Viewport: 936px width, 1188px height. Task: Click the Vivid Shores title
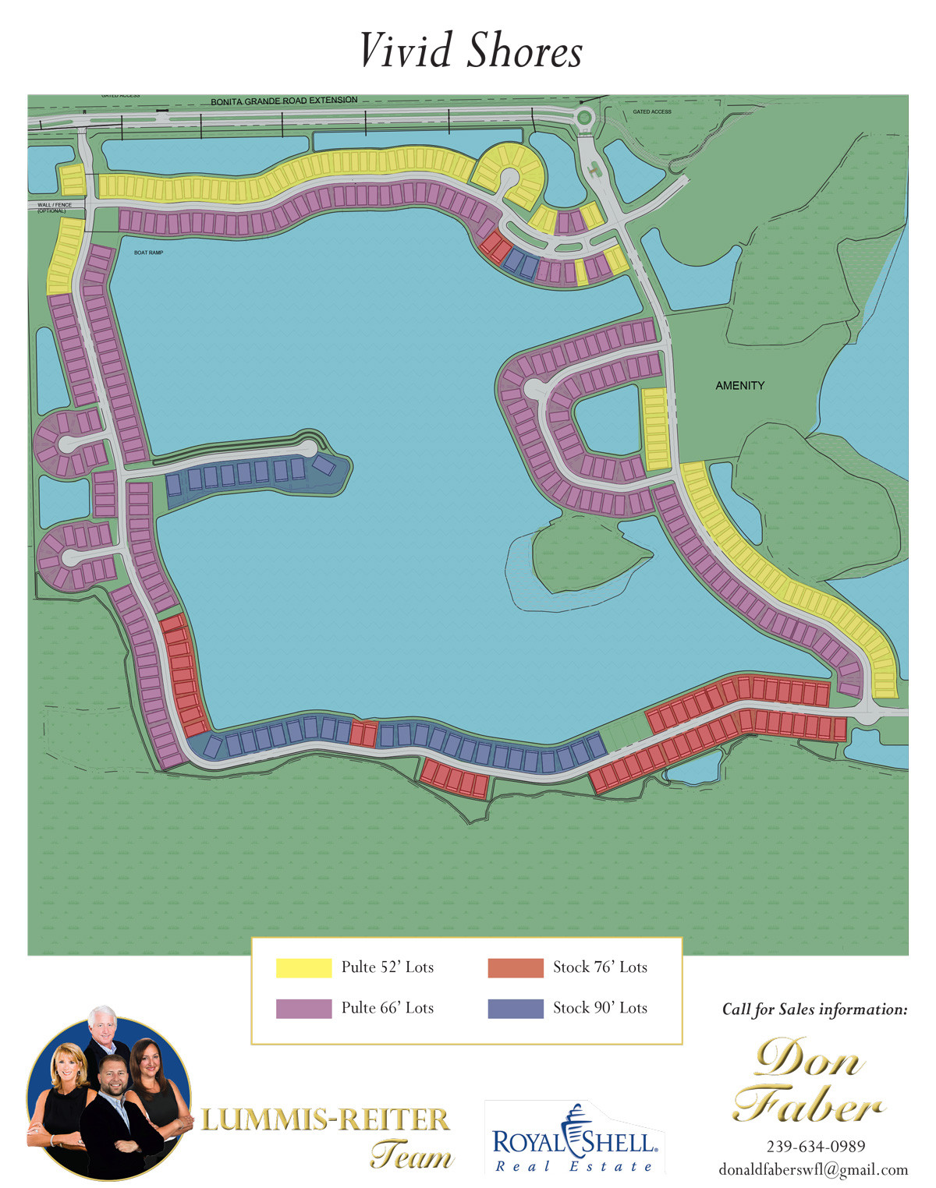(x=470, y=51)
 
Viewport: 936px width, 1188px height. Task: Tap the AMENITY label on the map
(x=739, y=385)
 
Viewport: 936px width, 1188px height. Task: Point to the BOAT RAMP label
(x=148, y=253)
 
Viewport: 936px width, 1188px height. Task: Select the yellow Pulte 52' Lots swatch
(x=303, y=967)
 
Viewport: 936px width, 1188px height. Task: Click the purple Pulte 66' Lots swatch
(x=303, y=1008)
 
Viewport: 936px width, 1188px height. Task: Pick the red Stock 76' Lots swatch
(x=515, y=967)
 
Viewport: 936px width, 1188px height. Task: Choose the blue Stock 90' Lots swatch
(x=515, y=1008)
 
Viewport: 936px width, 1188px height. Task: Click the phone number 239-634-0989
(x=815, y=1146)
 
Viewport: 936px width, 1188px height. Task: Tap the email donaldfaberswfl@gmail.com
(x=813, y=1169)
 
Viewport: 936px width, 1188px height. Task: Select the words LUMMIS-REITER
(x=324, y=1120)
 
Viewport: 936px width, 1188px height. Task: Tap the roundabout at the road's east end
(x=583, y=118)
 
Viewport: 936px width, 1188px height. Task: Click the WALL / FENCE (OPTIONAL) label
(x=54, y=207)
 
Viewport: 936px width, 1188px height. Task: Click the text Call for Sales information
(x=814, y=1009)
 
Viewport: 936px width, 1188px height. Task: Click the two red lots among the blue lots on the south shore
(x=363, y=734)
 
